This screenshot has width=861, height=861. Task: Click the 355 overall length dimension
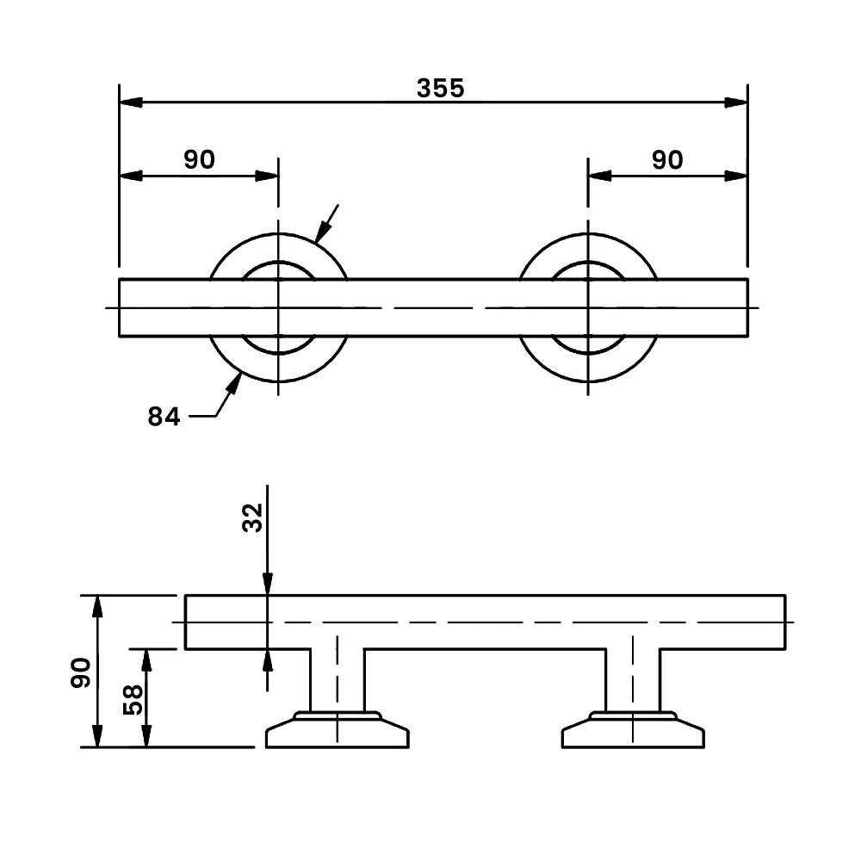(x=440, y=88)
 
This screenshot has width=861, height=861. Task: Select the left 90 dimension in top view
(x=199, y=159)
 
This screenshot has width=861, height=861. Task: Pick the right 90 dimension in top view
(x=666, y=160)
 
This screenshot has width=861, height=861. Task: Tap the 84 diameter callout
(x=164, y=417)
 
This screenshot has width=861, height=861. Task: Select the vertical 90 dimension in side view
(x=82, y=672)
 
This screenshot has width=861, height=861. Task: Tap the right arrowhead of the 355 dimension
(x=735, y=102)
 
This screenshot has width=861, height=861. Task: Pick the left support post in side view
(x=337, y=680)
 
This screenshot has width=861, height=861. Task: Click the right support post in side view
(x=633, y=680)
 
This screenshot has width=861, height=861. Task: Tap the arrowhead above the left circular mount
(x=323, y=230)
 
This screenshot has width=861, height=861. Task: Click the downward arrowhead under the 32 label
(x=268, y=583)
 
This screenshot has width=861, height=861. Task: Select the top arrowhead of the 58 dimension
(x=146, y=660)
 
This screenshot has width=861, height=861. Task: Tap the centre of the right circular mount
(x=588, y=307)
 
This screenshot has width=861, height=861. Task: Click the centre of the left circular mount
(x=278, y=307)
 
